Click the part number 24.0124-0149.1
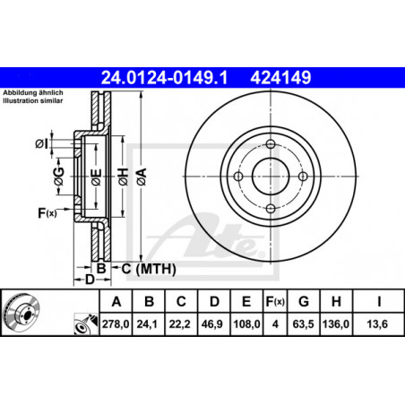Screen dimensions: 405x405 tap(164, 78)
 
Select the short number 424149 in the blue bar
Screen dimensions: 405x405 tap(280, 78)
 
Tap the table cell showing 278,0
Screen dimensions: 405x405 tap(116, 324)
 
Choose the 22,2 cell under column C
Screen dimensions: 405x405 tap(180, 324)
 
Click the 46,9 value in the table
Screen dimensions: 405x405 tap(212, 324)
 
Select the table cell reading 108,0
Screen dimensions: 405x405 tap(246, 324)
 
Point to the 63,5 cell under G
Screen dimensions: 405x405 tap(303, 324)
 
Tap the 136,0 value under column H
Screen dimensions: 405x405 tap(336, 324)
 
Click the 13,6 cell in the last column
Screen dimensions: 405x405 tap(377, 324)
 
